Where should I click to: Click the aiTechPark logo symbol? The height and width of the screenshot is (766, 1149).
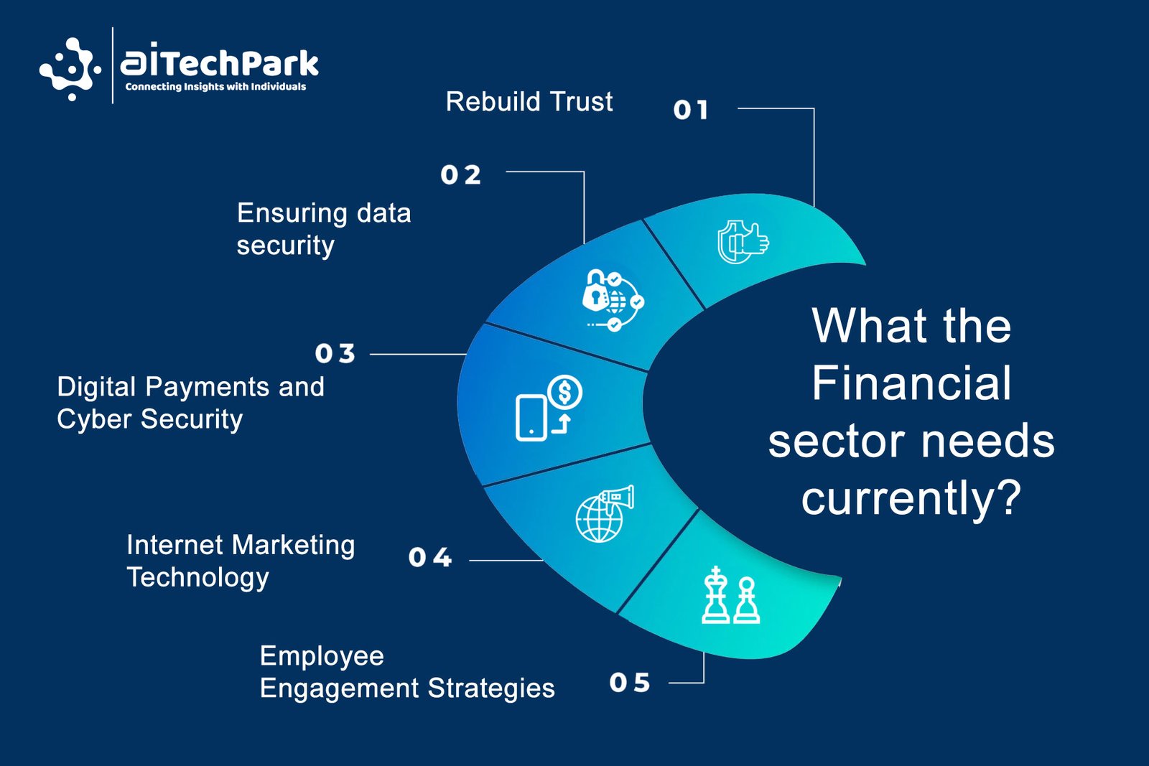(x=70, y=69)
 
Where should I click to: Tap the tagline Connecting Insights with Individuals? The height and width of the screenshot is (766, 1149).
(x=215, y=87)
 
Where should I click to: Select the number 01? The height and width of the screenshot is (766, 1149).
(x=691, y=110)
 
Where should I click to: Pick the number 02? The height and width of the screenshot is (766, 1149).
(x=460, y=175)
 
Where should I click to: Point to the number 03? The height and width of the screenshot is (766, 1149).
(x=335, y=353)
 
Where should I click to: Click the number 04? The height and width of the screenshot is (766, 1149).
(x=430, y=557)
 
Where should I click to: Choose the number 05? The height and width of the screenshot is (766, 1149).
(x=630, y=683)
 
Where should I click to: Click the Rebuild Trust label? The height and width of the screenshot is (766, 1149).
(x=529, y=101)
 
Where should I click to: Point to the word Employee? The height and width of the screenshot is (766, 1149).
(x=322, y=657)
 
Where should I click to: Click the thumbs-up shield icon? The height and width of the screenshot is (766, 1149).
(x=743, y=242)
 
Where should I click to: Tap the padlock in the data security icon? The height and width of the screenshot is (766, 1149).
(x=595, y=290)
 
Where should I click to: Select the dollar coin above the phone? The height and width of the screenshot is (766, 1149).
(x=564, y=393)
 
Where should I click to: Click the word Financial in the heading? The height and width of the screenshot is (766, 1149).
(x=911, y=383)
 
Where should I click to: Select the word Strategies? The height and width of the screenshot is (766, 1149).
(x=491, y=688)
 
